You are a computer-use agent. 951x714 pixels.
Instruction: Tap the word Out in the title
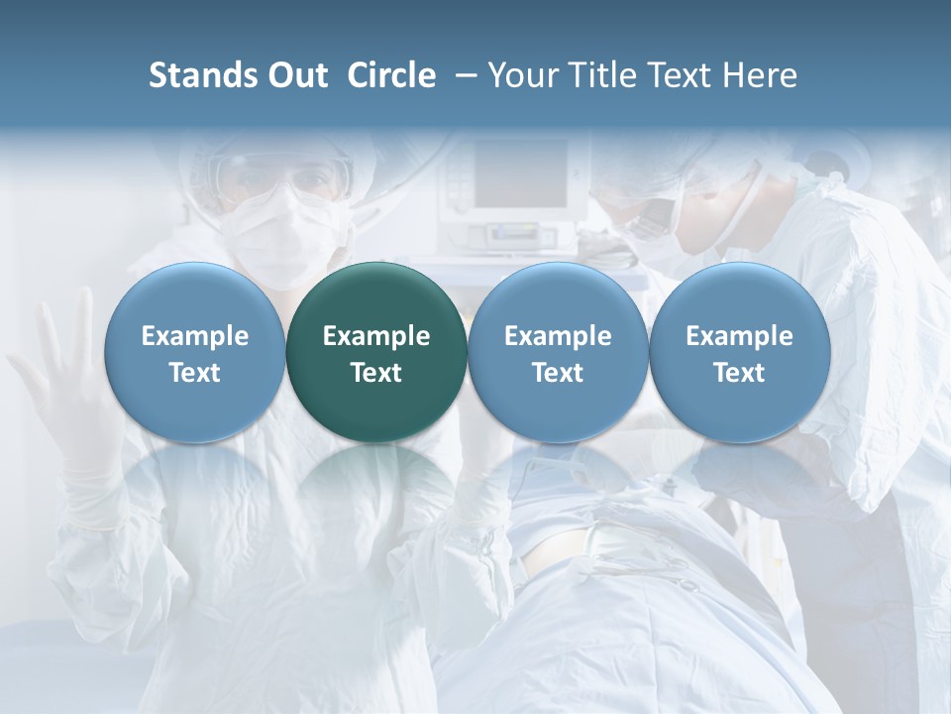pyautogui.click(x=297, y=75)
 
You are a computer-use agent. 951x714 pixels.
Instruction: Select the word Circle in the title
pyautogui.click(x=391, y=75)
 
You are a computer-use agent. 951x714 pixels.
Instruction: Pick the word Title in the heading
pyautogui.click(x=604, y=75)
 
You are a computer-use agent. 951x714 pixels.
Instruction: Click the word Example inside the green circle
pyautogui.click(x=376, y=336)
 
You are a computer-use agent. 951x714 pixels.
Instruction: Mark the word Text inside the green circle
pyautogui.click(x=376, y=373)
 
